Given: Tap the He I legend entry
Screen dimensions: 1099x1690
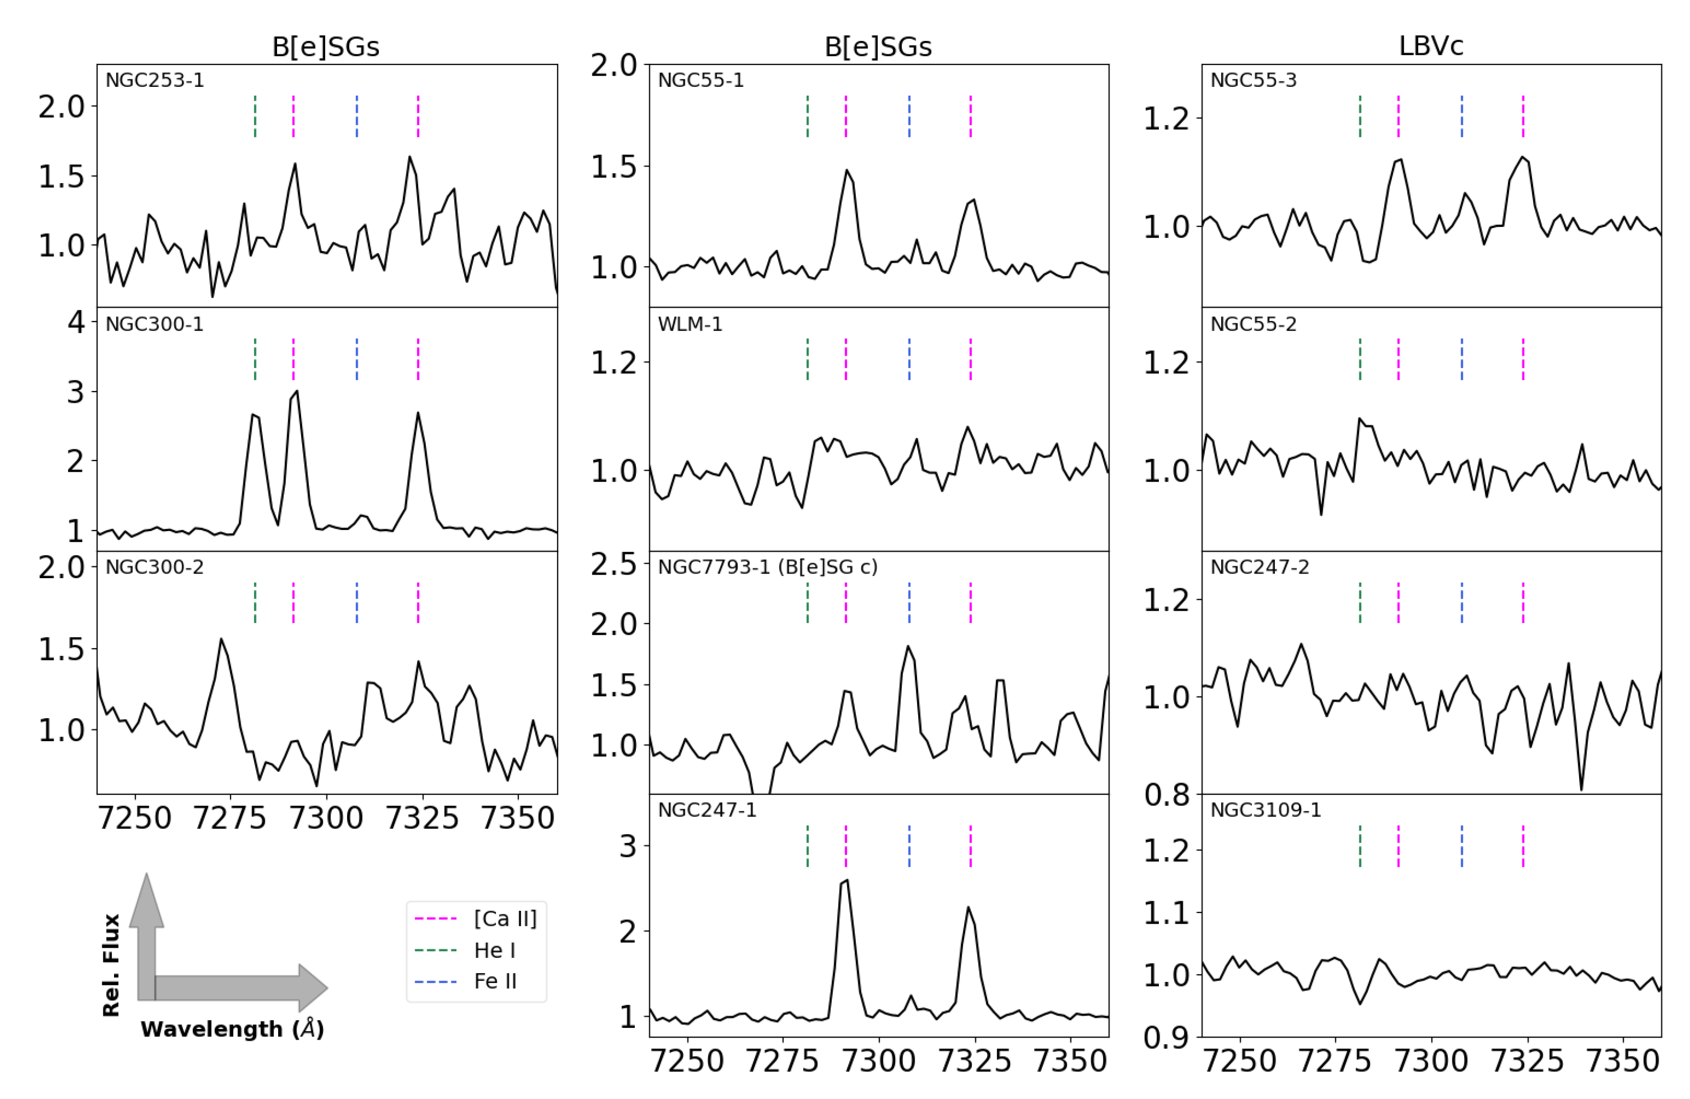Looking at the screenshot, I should pyautogui.click(x=494, y=950).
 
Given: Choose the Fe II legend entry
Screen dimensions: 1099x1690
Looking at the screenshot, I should pyautogui.click(x=495, y=981).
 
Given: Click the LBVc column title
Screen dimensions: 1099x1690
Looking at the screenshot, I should pyautogui.click(x=1430, y=46).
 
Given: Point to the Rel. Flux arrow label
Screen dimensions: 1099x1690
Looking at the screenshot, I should pyautogui.click(x=111, y=966).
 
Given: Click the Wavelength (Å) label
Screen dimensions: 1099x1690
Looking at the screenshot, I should pyautogui.click(x=232, y=1029).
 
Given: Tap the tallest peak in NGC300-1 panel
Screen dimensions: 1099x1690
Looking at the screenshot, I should pyautogui.click(x=297, y=391).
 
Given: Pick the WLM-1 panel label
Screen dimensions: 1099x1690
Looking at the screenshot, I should pyautogui.click(x=690, y=325).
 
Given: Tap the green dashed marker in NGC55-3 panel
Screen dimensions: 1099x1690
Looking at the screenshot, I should pyautogui.click(x=1360, y=117).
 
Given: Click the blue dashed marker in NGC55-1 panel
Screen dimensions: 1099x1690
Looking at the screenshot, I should pyautogui.click(x=909, y=117).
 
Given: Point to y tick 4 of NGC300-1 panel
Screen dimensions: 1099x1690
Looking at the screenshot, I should pyautogui.click(x=76, y=323).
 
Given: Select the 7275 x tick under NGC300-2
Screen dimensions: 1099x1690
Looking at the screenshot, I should pyautogui.click(x=230, y=818).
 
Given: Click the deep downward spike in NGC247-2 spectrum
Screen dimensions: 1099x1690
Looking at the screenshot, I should pyautogui.click(x=1581, y=789).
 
